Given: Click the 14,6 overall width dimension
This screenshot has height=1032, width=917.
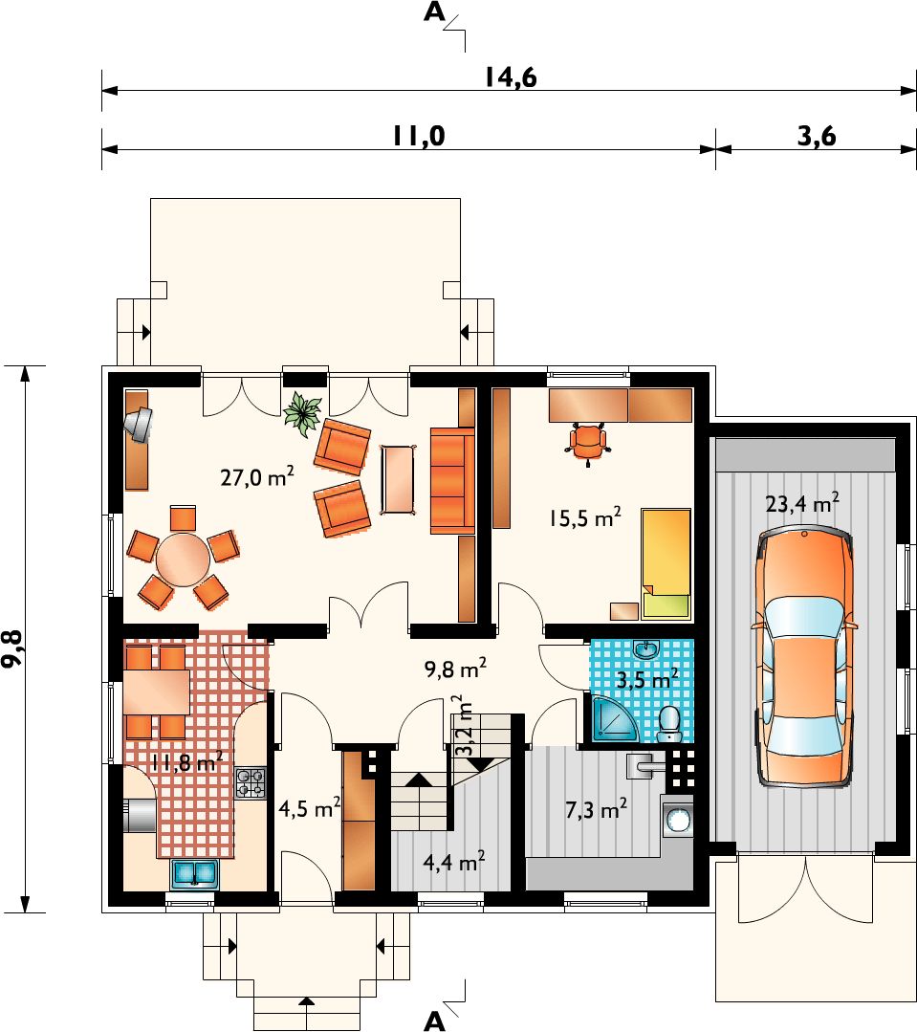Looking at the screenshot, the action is pos(512,77).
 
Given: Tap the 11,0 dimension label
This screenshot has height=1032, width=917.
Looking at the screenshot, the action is pos(419,136).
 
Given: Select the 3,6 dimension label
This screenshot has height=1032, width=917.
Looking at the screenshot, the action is pos(817,136).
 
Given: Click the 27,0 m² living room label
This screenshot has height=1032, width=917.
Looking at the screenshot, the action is pos(257,476).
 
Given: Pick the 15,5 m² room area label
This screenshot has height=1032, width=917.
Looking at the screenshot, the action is pos(585,517).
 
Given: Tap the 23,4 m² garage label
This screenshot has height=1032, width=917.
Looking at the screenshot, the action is pos(802,503).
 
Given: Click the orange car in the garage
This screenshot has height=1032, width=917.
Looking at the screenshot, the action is pos(804,657).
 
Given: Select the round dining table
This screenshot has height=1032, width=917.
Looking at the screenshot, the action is pos(183,560).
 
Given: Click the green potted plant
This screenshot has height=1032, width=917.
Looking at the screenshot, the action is pos(302,413).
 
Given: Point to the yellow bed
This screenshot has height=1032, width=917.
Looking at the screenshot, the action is pos(666,564).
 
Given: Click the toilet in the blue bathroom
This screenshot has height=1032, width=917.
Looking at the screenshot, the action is pos(670,725).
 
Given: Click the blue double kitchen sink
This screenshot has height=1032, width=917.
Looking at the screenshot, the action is pos(195,873).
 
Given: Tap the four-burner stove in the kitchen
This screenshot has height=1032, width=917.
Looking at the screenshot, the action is pos(251,783).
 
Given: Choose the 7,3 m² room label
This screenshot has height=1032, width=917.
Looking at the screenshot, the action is pos(596,809).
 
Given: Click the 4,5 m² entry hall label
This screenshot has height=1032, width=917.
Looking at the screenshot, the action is pos(309,807).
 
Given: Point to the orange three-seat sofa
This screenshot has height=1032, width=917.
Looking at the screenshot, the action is pos(452,480).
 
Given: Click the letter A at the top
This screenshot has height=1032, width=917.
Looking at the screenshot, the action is pos(434,11).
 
